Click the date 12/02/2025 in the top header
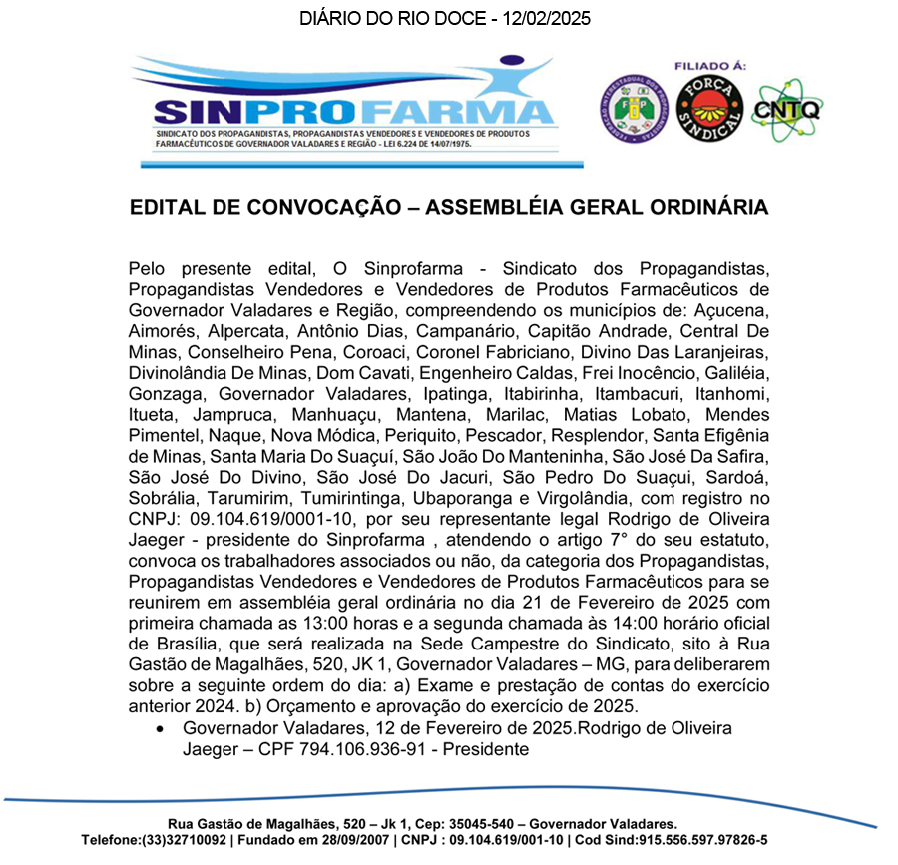545,19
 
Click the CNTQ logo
785,109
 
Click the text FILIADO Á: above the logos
710,66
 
